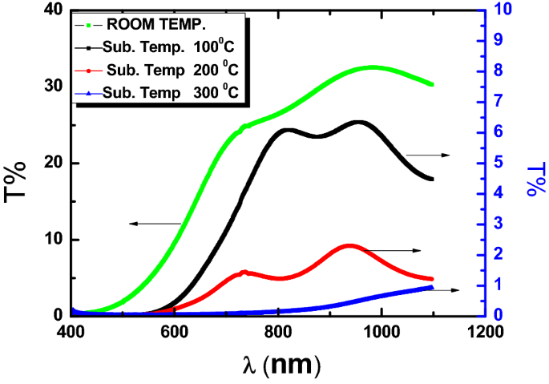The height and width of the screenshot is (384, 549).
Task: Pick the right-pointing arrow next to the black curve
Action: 428,154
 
